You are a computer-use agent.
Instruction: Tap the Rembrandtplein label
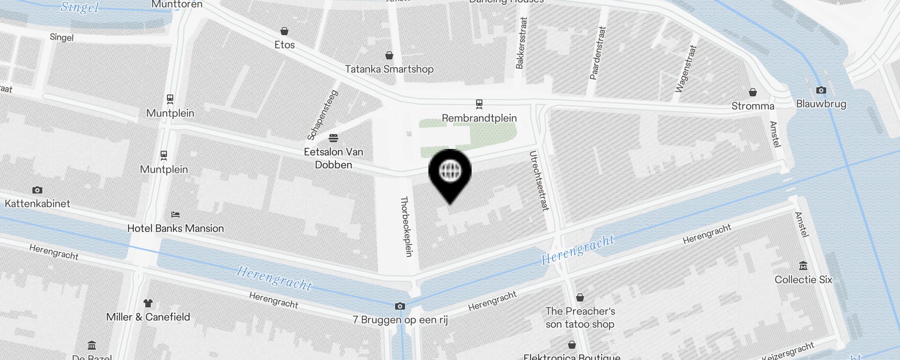coord(479,118)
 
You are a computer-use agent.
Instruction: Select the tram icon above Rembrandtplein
coord(479,104)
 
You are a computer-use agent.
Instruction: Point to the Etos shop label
coord(284,45)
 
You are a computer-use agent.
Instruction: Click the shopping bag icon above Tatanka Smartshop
coord(389,55)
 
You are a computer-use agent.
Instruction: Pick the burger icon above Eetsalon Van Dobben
coord(333,138)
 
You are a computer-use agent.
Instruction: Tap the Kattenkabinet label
coord(37,203)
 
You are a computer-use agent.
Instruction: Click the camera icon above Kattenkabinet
coord(37,190)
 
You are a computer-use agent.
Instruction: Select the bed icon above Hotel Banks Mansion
coord(175,215)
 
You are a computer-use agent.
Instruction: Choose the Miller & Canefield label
coord(148,317)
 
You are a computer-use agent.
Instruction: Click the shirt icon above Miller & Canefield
coord(148,303)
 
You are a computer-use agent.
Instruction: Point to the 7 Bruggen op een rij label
coord(400,320)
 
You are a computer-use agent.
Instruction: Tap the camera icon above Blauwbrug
coord(821,90)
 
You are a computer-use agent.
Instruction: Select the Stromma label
coord(753,106)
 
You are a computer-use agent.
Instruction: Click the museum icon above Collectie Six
coord(803,266)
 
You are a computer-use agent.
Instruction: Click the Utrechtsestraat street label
coord(539,181)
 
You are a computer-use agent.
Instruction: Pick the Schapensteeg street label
coord(323,115)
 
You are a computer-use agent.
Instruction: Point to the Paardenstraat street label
coord(598,53)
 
